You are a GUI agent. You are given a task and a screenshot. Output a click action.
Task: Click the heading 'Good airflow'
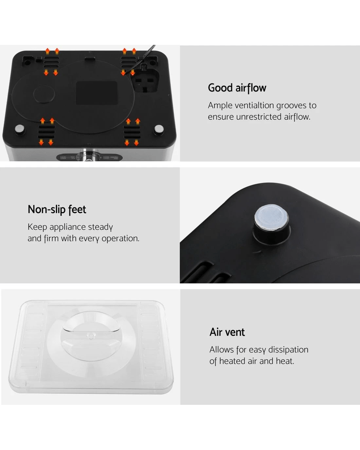point(237,88)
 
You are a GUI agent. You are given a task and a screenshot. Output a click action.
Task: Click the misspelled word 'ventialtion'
point(254,105)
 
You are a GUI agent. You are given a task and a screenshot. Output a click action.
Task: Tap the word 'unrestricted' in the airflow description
point(259,117)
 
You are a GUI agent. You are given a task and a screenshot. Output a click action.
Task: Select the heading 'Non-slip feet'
point(57,209)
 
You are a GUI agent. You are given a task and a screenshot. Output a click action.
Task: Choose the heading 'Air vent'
point(227,332)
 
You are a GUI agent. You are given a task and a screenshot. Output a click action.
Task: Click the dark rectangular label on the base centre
point(97,93)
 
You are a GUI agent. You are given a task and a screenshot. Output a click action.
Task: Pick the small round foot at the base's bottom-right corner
point(159,129)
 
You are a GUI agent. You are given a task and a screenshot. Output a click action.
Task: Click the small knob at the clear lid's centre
point(91,336)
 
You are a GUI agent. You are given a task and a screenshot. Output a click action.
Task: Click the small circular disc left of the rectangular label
point(44,94)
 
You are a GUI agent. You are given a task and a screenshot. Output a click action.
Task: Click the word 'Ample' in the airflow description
point(220,106)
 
